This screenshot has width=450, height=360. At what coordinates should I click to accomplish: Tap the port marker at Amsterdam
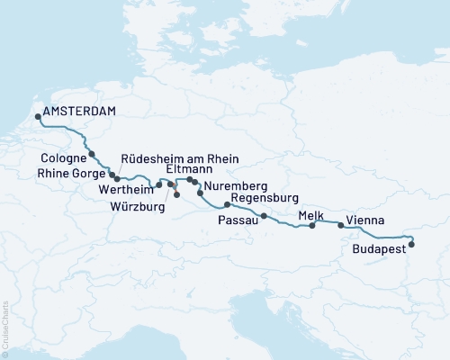tap(37, 115)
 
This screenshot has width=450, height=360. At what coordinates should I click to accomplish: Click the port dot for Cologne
tap(92, 155)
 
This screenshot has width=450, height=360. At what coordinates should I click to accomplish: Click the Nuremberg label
tap(235, 187)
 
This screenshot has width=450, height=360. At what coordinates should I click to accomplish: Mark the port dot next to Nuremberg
tap(200, 193)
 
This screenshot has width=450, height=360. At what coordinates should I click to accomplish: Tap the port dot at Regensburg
tap(227, 204)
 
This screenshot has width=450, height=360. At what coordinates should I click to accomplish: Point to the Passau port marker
tap(264, 216)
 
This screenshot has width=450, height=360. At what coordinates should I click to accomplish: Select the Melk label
tap(310, 214)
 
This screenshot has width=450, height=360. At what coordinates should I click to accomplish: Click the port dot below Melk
tap(312, 226)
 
